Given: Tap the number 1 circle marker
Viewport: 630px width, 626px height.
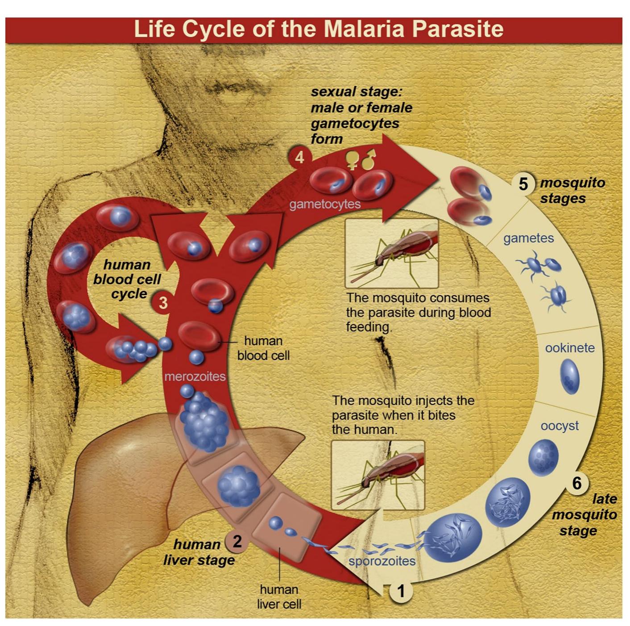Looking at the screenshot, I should (401, 591).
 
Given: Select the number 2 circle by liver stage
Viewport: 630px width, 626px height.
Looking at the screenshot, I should (237, 541).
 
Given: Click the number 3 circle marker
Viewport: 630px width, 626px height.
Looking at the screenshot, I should (163, 302).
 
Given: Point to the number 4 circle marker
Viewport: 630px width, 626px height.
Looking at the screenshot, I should (299, 157).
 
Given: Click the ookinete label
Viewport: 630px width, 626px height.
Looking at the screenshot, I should (570, 347).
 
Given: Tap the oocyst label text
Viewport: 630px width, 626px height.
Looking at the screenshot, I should (560, 426).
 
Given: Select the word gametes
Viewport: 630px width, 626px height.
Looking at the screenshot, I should (528, 238).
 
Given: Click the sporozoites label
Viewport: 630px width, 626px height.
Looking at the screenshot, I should (382, 561).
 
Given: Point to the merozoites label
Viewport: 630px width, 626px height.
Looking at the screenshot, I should (195, 376).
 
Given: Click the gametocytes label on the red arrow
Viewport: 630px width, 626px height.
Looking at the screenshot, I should (325, 204).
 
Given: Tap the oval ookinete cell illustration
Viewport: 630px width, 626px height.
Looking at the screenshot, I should (570, 376).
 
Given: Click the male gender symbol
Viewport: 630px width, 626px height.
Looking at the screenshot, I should (369, 160).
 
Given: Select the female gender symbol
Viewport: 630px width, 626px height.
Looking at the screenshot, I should (352, 160).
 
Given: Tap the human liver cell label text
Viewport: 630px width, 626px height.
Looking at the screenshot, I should (279, 597).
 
